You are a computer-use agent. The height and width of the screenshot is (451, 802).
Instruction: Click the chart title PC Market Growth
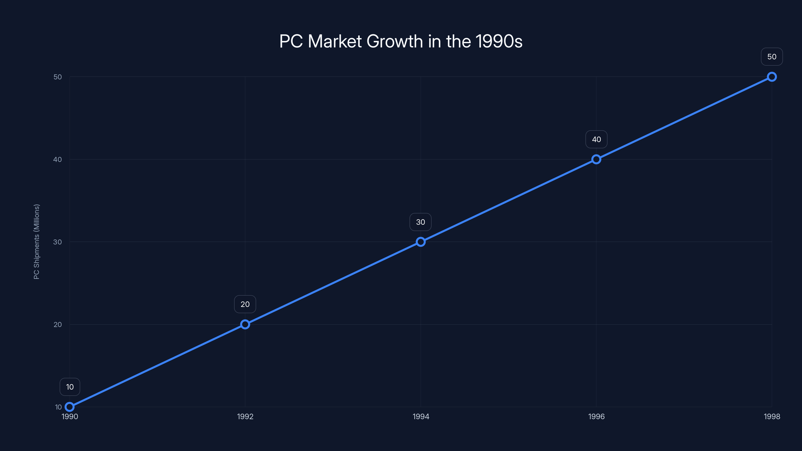tap(401, 41)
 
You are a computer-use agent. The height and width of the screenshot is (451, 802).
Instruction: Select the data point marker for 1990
tap(70, 407)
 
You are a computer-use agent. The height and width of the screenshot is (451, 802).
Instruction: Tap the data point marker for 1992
tap(245, 324)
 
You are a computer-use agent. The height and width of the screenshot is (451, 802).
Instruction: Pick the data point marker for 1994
tap(421, 242)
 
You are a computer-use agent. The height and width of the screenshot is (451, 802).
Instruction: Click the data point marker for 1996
tap(596, 159)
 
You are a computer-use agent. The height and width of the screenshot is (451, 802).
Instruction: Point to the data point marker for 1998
tap(772, 77)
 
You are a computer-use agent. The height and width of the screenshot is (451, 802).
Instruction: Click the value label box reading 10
tap(70, 387)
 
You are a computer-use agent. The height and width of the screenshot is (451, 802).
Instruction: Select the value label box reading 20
tap(245, 304)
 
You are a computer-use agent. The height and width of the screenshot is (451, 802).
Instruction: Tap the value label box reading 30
tap(421, 222)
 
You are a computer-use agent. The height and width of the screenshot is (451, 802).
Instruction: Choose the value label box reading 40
tap(596, 140)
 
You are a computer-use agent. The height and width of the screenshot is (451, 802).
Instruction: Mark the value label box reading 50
tap(772, 57)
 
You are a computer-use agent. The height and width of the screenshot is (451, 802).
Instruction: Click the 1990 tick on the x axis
tap(70, 416)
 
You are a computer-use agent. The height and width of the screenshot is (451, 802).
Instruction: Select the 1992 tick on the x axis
tap(245, 416)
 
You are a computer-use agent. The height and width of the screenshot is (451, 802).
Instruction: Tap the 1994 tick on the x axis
tap(421, 416)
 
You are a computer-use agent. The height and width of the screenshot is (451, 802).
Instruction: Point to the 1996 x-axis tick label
tap(596, 416)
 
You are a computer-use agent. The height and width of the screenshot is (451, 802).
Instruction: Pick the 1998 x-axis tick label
tap(772, 416)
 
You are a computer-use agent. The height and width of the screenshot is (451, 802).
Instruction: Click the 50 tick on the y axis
tap(58, 77)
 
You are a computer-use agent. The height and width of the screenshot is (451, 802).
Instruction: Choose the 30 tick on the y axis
tap(58, 242)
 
